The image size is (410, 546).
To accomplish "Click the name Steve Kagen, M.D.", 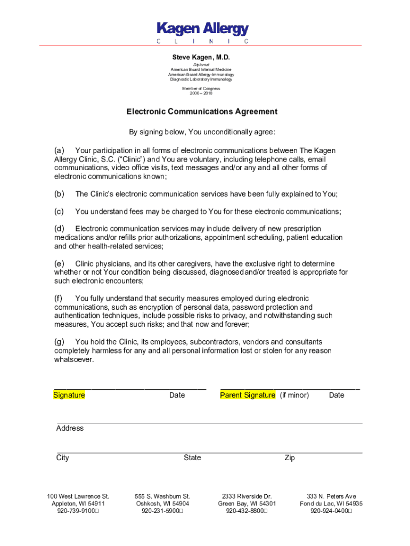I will (x=201, y=57).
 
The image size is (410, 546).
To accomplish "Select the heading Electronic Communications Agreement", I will (x=202, y=112).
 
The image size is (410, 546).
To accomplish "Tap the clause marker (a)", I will (x=59, y=150).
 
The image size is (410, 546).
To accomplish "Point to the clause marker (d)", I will (x=59, y=229).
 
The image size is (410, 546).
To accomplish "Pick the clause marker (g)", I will (x=59, y=342).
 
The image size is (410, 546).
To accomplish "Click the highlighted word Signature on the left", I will (x=69, y=395).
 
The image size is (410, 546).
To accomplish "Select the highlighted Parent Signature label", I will (x=248, y=395).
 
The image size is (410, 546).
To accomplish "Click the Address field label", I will (x=70, y=428).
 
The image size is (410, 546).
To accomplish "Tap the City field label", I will (x=63, y=457).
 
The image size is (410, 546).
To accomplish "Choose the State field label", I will (x=192, y=457).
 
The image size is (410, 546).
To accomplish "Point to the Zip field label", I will (x=290, y=457).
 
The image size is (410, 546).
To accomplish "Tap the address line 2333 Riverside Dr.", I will (x=247, y=496).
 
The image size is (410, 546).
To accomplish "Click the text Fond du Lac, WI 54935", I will (x=331, y=503).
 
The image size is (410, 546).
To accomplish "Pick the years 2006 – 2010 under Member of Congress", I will (x=201, y=93).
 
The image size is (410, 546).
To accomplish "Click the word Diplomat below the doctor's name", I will (x=201, y=65).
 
